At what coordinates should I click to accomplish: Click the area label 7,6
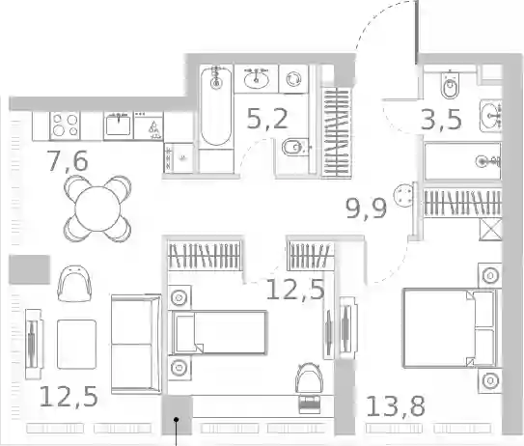click(69, 161)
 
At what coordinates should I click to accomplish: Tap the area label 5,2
click(267, 119)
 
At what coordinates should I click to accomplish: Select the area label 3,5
click(441, 120)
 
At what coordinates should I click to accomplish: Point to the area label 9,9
click(367, 209)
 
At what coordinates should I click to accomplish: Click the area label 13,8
click(396, 405)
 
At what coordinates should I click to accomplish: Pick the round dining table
click(97, 209)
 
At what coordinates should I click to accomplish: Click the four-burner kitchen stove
click(65, 125)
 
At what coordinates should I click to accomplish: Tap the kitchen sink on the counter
click(119, 125)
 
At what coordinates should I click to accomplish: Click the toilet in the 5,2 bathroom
click(294, 147)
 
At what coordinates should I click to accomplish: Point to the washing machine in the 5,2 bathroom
click(293, 79)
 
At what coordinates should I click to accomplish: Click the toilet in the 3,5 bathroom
click(450, 85)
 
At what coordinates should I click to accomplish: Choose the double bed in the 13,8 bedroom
click(451, 327)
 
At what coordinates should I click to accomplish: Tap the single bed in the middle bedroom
click(219, 332)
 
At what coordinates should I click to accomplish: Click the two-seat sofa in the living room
click(136, 345)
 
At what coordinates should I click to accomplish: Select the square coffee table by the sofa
click(76, 344)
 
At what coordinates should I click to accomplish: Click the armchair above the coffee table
click(74, 284)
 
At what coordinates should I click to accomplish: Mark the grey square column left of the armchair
click(29, 269)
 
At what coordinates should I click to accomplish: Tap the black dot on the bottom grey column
click(177, 419)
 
